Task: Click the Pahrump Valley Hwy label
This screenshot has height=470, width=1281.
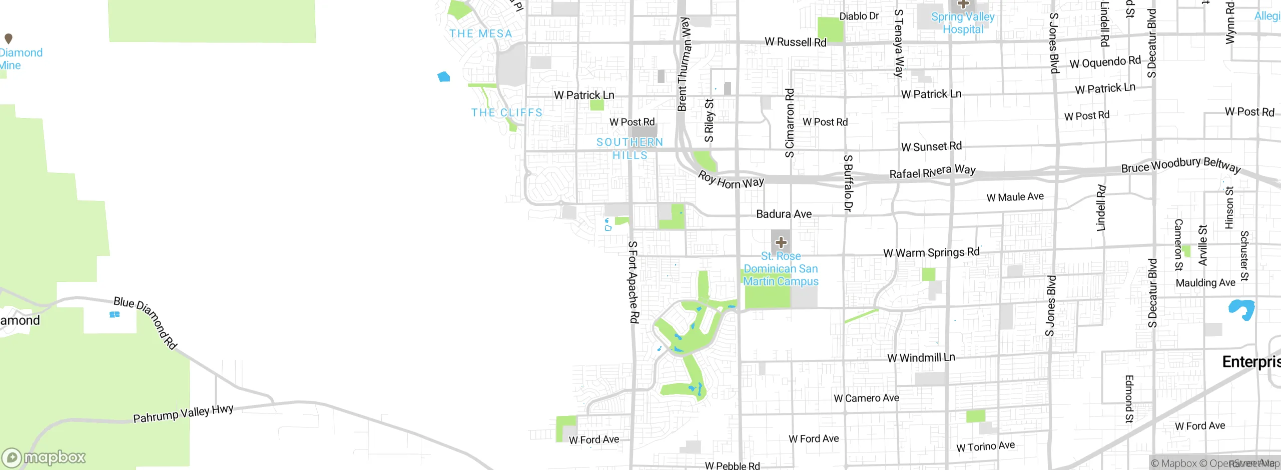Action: point(183,413)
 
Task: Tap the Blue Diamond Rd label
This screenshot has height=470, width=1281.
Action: point(145,322)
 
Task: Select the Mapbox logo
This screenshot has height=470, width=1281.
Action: point(44,457)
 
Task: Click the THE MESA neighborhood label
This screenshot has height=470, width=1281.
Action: point(481,33)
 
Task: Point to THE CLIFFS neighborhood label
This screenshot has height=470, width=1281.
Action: point(506,112)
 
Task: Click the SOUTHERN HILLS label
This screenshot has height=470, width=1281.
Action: point(629,148)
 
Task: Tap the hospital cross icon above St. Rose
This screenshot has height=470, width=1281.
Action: point(781,243)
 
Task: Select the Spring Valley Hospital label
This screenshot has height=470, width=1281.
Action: point(963,23)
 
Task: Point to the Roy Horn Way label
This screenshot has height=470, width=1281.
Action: point(731,180)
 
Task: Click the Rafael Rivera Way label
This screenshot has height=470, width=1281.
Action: point(932,171)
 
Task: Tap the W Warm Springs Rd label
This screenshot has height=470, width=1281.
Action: point(931,252)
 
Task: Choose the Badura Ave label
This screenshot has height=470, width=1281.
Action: point(784,214)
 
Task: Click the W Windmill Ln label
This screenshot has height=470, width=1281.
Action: point(921,357)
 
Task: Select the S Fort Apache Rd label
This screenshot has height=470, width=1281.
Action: point(633,281)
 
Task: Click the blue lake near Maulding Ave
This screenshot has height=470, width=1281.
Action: point(1241,308)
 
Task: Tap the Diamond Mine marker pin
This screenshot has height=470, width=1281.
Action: point(9,38)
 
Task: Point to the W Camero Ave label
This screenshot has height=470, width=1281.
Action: point(866,398)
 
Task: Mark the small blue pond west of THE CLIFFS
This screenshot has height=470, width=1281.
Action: point(444,76)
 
